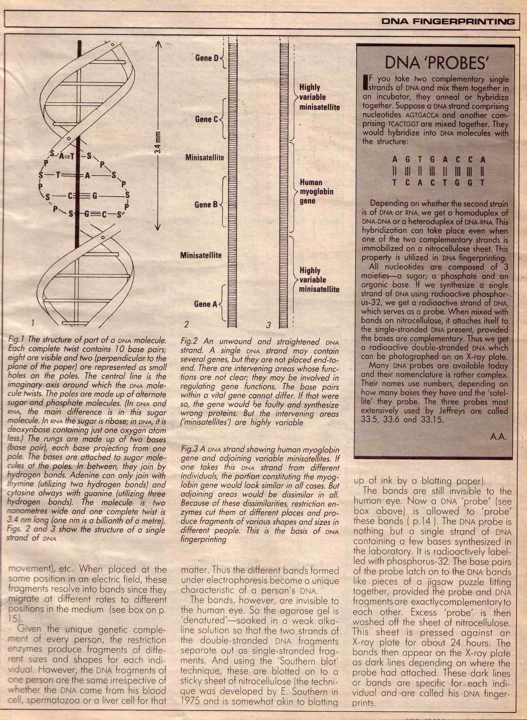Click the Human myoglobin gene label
(316, 192)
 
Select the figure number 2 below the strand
(187, 324)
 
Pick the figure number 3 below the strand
(268, 325)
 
